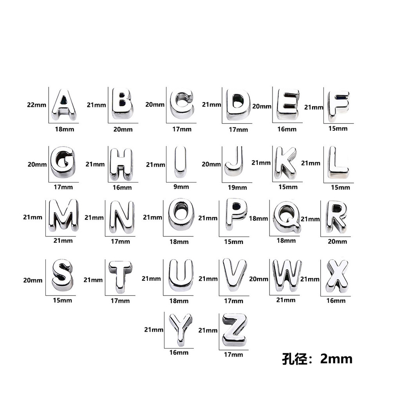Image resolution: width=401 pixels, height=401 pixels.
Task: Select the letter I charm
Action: click(181, 162)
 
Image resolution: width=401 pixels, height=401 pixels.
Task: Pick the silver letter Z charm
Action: click(235, 330)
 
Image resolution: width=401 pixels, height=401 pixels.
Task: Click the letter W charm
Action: click(287, 275)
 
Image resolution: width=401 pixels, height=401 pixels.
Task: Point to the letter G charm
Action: click(63, 162)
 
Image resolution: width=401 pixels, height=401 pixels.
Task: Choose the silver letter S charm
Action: click(62, 275)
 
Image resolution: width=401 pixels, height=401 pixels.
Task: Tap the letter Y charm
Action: click(181, 329)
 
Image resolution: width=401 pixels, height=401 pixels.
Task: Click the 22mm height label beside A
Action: click(36, 105)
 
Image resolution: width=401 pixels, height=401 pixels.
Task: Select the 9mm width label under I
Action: click(181, 187)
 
